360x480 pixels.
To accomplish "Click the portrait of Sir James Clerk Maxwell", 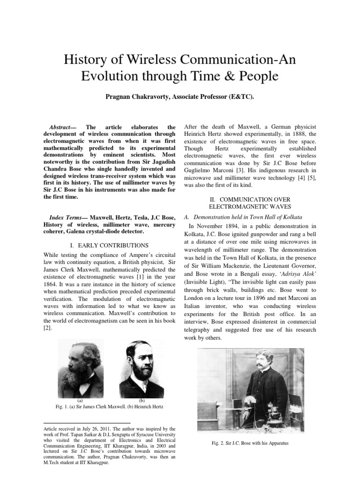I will (81, 368).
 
